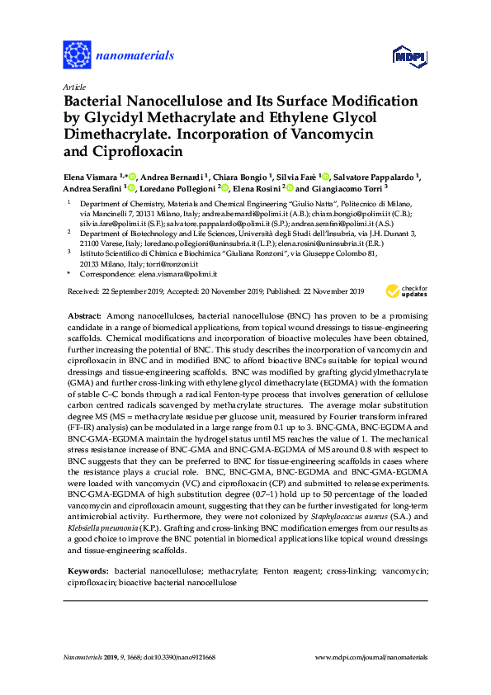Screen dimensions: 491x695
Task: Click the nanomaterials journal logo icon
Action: pos(77,56)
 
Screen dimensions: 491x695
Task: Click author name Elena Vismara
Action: pos(91,177)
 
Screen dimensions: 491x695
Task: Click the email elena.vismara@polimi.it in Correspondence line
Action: pos(179,273)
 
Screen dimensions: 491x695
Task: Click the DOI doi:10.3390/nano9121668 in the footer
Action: pos(179,657)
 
